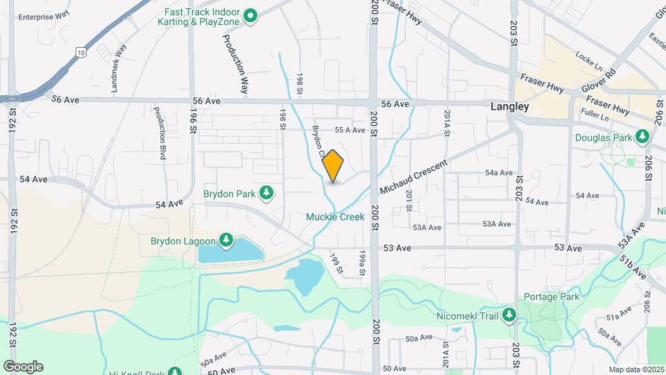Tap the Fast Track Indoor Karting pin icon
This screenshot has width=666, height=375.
pos(252,15)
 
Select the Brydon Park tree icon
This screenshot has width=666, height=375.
pos(266,192)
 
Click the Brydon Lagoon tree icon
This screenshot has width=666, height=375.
pos(225,240)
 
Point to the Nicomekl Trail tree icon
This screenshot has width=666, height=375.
pos(509,315)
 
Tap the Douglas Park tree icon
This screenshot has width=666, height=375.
pos(643,137)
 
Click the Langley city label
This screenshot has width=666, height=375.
pos(509,107)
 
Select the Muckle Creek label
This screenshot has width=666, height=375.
pos(335,217)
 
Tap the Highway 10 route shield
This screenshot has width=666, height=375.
pos(82,52)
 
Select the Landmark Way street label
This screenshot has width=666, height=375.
pos(119,68)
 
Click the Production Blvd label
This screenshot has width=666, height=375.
pos(160,134)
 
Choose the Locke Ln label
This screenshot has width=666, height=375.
pos(589,54)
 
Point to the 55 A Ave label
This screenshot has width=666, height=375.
pos(350,130)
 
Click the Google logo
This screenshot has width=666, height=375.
pos(23,367)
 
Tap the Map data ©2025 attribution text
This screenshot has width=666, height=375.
pos(636,369)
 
